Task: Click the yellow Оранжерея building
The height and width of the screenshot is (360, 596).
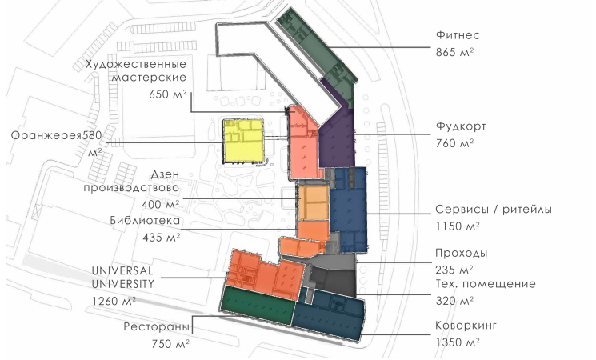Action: point(243,141)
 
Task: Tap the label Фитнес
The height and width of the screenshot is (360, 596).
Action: point(458,35)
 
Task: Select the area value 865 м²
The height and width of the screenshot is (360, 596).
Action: point(454,52)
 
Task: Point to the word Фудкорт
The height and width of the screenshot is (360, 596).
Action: point(461,126)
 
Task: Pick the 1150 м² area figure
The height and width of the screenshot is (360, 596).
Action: point(458,226)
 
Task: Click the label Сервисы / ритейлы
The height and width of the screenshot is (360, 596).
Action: point(494,210)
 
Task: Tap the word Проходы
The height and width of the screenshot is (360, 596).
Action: point(462,253)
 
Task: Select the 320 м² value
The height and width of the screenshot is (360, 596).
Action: point(454,301)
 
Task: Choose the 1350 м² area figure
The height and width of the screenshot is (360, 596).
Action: point(458,343)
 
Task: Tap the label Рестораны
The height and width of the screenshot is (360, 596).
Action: point(157,327)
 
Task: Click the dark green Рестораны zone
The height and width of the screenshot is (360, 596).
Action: point(258,305)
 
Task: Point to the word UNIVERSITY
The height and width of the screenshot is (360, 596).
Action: point(123,284)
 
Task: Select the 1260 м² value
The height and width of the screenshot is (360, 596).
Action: point(114,302)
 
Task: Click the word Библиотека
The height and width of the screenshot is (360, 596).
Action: point(145,221)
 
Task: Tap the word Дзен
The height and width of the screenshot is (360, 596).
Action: point(165,174)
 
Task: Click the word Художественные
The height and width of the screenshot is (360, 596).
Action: point(136,64)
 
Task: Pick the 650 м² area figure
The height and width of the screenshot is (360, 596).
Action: point(168,94)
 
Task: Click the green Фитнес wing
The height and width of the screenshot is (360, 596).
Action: point(319,54)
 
